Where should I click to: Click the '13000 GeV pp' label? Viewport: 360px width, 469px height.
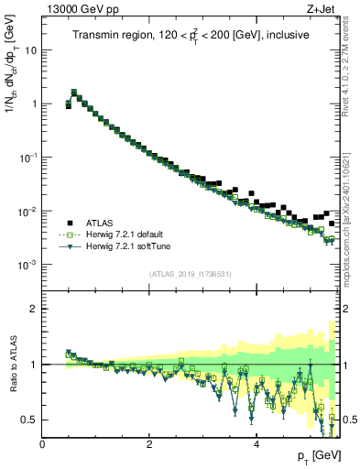pyautogui.click(x=81, y=10)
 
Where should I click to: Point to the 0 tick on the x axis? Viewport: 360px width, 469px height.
pyautogui.click(x=42, y=444)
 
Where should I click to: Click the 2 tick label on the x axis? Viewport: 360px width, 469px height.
pyautogui.click(x=149, y=444)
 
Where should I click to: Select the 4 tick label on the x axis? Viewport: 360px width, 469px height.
pyautogui.click(x=256, y=444)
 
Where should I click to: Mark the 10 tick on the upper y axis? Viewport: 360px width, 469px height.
pyautogui.click(x=30, y=50)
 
